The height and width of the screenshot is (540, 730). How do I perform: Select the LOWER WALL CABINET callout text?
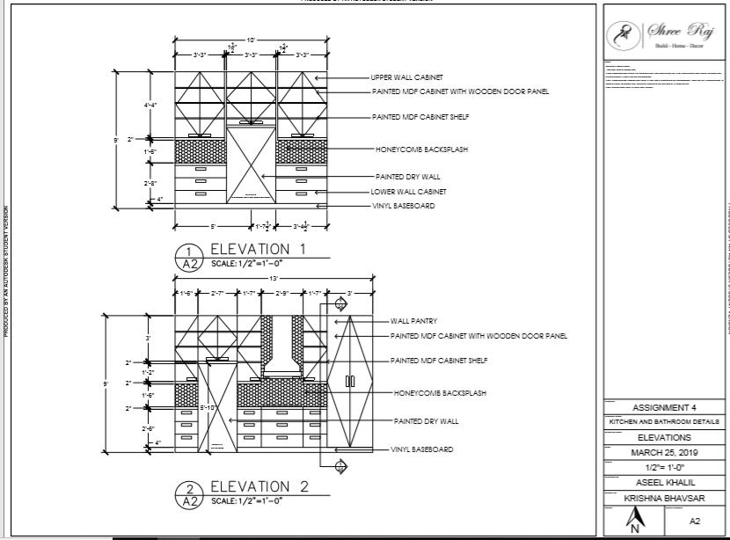[x=408, y=191]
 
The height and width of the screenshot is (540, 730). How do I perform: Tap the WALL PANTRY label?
[x=413, y=321]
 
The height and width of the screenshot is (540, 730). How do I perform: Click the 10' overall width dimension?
[x=251, y=40]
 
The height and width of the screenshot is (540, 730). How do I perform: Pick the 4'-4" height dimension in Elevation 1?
[x=150, y=105]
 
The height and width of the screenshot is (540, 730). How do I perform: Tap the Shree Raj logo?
[x=663, y=32]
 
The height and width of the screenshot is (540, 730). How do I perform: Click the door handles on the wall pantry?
[x=349, y=381]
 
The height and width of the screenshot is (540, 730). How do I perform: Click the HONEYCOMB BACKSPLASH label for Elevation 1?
[x=421, y=150]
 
